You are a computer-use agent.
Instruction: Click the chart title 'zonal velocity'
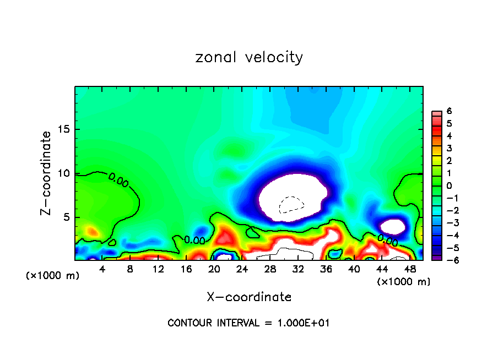249,57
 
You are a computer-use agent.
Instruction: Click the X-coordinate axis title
249,297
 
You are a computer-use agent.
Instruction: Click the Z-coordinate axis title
47,173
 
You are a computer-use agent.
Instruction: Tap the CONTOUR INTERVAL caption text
248,323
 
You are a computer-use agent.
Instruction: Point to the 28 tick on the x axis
270,269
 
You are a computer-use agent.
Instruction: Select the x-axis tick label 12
158,269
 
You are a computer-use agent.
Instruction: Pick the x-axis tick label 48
409,269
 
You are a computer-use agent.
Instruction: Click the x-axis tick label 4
102,269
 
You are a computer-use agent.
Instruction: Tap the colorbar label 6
449,111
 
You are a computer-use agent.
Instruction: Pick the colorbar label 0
449,186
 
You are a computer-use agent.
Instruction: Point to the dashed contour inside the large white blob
291,205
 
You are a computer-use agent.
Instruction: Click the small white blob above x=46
393,226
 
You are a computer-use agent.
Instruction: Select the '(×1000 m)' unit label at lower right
404,282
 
